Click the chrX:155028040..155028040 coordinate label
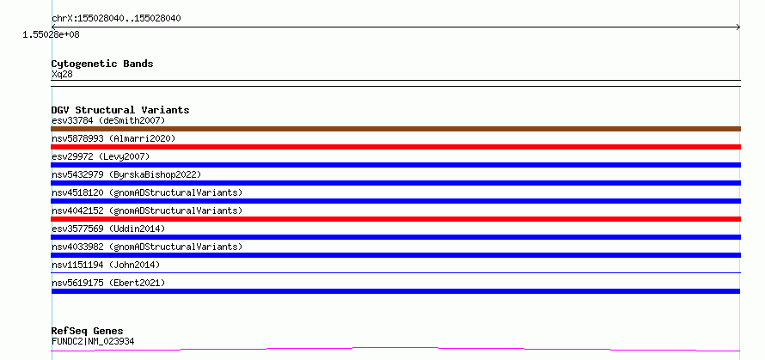click(x=117, y=19)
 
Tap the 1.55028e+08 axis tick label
click(x=51, y=35)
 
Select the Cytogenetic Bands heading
click(x=102, y=64)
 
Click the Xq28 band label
click(x=62, y=75)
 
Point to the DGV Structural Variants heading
click(x=120, y=110)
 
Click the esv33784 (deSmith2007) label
click(x=108, y=120)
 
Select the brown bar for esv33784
click(x=395, y=129)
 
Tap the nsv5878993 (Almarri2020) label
click(x=113, y=138)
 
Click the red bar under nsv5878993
click(x=395, y=147)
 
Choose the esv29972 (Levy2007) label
click(x=101, y=156)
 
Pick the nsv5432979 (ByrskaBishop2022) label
click(x=126, y=174)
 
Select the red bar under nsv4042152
click(x=395, y=219)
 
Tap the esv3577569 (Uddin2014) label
click(x=108, y=229)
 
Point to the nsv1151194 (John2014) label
click(x=106, y=265)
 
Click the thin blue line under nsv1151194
click(x=395, y=272)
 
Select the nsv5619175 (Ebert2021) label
click(x=108, y=283)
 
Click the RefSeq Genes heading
click(x=88, y=332)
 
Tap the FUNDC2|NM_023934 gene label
click(x=93, y=341)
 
